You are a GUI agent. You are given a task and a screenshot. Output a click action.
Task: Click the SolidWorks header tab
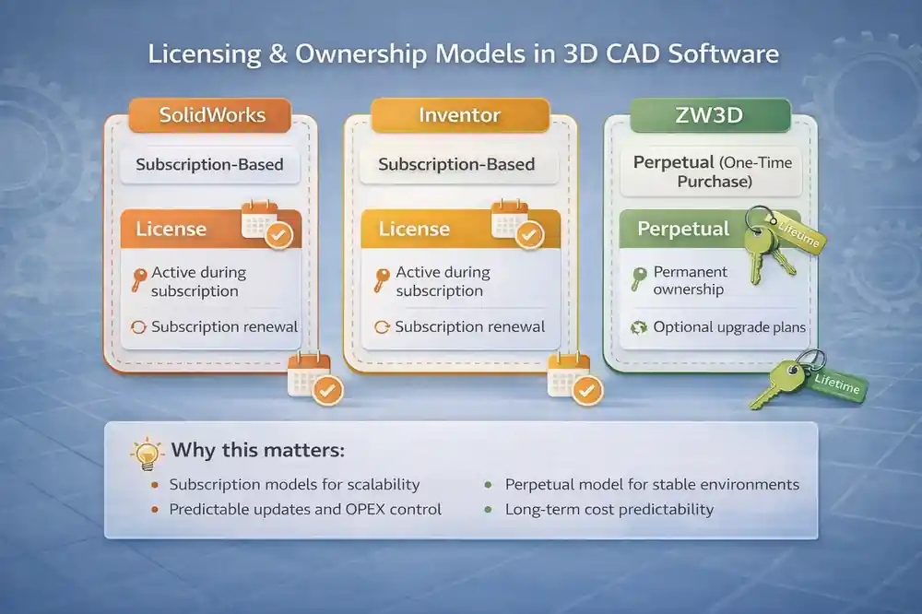pyautogui.click(x=212, y=115)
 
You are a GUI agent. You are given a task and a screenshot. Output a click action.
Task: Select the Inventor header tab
pyautogui.click(x=459, y=115)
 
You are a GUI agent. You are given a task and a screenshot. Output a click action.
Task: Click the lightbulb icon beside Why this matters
pyautogui.click(x=147, y=453)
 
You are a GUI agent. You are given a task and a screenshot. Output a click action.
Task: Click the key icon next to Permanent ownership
pyautogui.click(x=638, y=279)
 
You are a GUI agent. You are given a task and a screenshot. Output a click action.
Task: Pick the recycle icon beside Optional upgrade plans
pyautogui.click(x=638, y=327)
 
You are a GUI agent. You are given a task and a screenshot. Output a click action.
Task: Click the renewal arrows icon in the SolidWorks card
pyautogui.click(x=138, y=327)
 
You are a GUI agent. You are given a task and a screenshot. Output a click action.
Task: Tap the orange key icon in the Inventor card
pyautogui.click(x=381, y=280)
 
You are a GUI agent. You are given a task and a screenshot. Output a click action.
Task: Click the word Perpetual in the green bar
pyautogui.click(x=683, y=228)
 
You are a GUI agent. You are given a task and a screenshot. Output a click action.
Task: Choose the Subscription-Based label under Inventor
pyautogui.click(x=456, y=165)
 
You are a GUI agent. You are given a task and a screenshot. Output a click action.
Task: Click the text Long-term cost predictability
pyautogui.click(x=609, y=509)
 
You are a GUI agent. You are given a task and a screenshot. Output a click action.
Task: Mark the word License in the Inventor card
pyautogui.click(x=415, y=229)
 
